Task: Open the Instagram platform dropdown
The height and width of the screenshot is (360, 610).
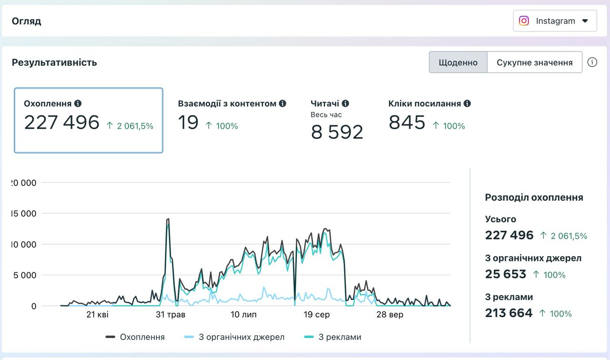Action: [x=555, y=21]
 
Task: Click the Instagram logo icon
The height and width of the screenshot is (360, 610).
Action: [x=524, y=21]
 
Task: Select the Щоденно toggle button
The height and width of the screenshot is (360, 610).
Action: [x=458, y=62]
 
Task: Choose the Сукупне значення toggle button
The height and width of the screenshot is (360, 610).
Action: [x=535, y=62]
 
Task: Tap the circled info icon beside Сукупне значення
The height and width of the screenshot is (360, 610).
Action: [x=592, y=62]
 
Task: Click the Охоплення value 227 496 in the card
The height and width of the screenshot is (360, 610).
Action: [x=61, y=123]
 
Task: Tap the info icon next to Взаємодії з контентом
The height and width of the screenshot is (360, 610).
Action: [x=283, y=103]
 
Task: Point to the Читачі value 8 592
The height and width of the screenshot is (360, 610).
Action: [x=337, y=132]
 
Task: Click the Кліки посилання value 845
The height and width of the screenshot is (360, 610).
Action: [x=407, y=123]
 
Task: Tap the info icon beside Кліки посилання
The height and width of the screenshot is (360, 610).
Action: [x=467, y=103]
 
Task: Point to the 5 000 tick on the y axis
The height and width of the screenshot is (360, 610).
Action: [x=24, y=275]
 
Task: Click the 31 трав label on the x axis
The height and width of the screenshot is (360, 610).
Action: [x=171, y=315]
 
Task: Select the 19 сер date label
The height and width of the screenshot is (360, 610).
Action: [x=316, y=315]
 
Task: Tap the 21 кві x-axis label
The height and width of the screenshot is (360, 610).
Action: [x=97, y=315]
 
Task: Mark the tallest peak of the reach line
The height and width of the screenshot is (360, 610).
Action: [x=169, y=219]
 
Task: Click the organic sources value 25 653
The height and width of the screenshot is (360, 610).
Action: [x=506, y=274]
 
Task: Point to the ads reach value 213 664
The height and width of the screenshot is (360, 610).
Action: [x=508, y=313]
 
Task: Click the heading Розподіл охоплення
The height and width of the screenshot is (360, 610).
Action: [x=534, y=197]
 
